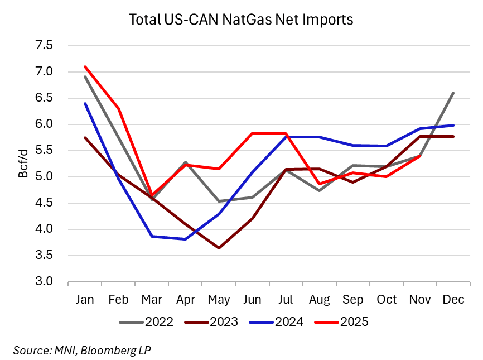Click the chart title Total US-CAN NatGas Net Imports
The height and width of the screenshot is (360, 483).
(x=241, y=20)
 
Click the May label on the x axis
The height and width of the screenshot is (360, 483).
(x=218, y=299)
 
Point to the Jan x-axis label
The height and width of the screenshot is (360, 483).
(x=85, y=299)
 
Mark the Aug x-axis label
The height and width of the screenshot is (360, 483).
(x=318, y=299)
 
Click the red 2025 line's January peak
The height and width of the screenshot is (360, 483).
(x=85, y=66)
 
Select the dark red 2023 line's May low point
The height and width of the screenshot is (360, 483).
(x=219, y=248)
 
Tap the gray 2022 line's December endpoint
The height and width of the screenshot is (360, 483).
(x=452, y=93)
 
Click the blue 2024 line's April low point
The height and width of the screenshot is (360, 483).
(x=185, y=239)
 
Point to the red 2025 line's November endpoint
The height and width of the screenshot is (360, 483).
(x=419, y=156)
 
